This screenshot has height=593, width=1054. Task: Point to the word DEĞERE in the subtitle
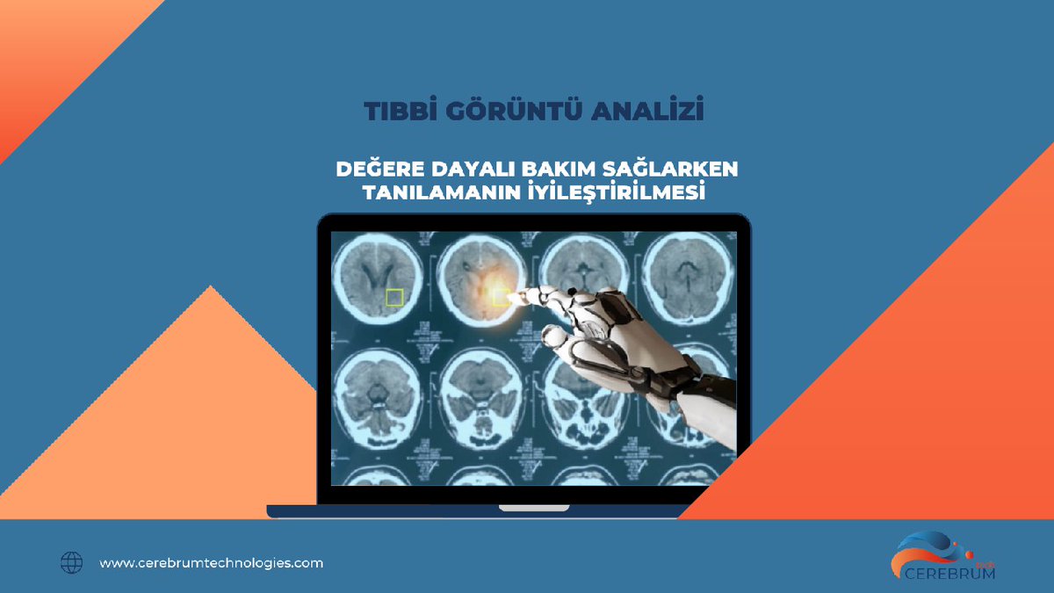(379, 169)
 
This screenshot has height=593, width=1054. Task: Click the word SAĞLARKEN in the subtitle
(677, 169)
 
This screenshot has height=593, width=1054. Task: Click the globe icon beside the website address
(71, 563)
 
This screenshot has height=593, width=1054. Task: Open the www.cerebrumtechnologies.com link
(212, 563)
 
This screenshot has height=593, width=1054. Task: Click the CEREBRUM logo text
(949, 574)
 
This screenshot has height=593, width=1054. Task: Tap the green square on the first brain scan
(394, 297)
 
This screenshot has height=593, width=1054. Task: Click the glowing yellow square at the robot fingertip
(502, 297)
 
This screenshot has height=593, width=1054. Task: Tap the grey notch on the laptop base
(533, 508)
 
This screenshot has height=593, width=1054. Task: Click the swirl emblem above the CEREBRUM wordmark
(929, 550)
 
